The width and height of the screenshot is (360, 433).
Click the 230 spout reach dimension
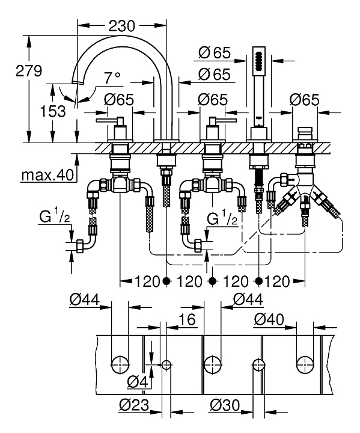[x=122, y=26]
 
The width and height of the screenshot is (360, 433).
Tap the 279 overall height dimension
[x=29, y=71]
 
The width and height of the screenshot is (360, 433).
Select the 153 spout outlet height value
[x=53, y=111]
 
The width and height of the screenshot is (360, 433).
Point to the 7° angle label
[x=112, y=78]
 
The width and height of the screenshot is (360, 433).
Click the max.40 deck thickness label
[x=47, y=174]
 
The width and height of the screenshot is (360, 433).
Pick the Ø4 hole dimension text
[x=138, y=382]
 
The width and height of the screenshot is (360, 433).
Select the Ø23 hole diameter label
[x=134, y=405]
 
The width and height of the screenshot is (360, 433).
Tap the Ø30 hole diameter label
[x=225, y=405]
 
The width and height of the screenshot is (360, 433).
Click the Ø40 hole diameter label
[x=269, y=319]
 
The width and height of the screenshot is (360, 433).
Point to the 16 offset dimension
[x=187, y=319]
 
